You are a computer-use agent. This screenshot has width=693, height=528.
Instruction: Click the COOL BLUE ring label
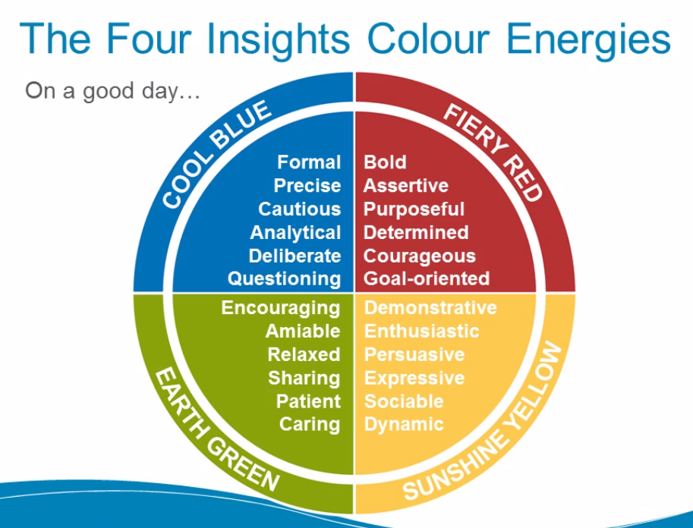216,156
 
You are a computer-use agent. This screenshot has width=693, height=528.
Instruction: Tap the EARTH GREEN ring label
216,429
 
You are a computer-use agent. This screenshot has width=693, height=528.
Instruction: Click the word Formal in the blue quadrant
309,162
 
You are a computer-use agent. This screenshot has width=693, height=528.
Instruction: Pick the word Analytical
295,232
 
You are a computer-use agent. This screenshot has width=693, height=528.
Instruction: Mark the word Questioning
285,278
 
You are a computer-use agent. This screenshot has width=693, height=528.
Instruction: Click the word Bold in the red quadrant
385,162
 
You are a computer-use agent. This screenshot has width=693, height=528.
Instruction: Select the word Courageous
420,256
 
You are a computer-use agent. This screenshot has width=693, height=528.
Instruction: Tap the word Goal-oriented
427,278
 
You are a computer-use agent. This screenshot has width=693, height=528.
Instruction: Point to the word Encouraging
281,308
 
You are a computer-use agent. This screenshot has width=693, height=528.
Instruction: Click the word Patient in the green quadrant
308,401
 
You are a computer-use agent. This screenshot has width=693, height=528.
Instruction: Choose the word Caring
310,424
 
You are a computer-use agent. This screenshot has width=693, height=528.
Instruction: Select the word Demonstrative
430,308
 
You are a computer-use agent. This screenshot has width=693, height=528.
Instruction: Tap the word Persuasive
414,354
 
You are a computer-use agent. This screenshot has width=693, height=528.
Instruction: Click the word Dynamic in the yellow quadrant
404,424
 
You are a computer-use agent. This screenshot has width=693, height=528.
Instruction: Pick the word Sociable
404,401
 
